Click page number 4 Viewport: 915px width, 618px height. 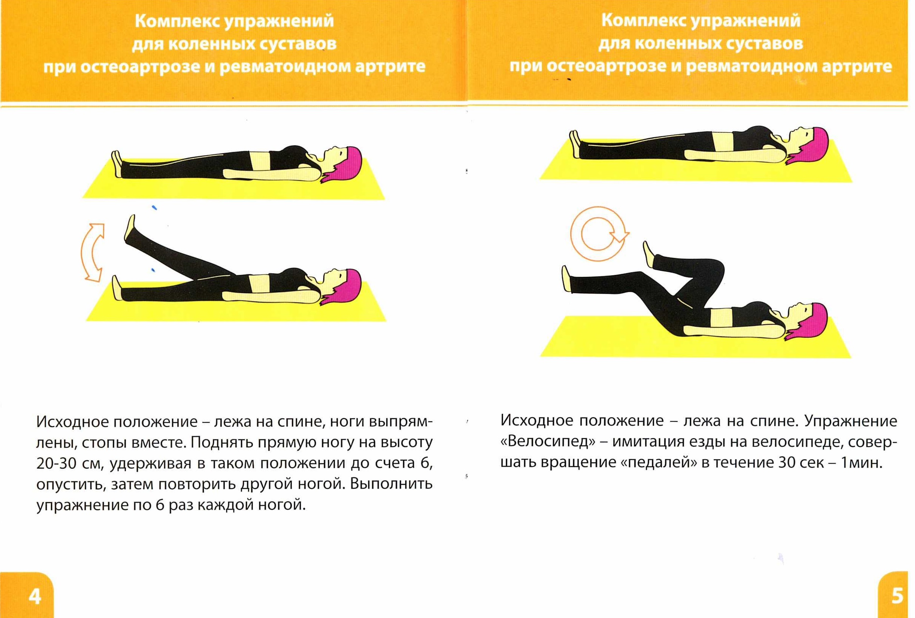pos(35,597)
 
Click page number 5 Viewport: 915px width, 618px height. pos(897,596)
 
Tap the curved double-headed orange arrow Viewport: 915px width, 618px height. pos(91,252)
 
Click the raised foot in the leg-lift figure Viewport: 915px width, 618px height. pos(130,228)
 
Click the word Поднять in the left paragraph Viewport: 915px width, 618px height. pos(222,442)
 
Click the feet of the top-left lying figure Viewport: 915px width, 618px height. pos(117,164)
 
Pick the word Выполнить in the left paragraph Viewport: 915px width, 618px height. pos(391,484)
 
